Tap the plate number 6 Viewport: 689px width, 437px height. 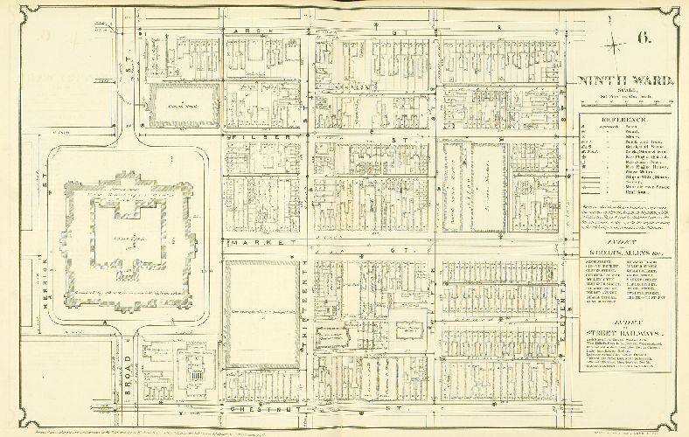click(644, 38)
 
